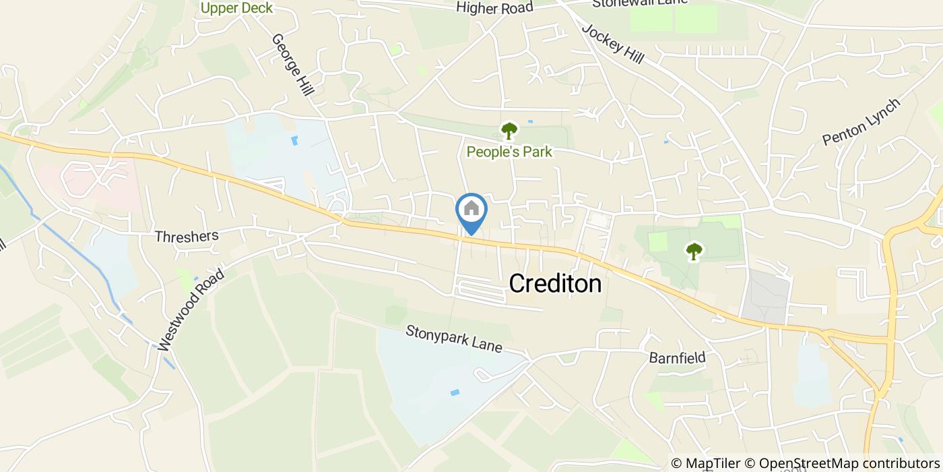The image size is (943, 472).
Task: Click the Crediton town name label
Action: (x=555, y=284)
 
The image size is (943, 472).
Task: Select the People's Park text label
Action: (x=509, y=152)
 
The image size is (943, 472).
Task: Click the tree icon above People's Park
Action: (x=509, y=129)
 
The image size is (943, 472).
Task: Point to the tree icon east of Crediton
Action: (x=694, y=252)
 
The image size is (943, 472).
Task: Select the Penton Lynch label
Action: (x=861, y=122)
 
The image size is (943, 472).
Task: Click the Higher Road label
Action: (x=494, y=8)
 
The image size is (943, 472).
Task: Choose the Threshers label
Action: (x=187, y=236)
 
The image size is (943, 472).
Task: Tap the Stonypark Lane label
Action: (x=453, y=339)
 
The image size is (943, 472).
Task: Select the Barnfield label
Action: (x=677, y=357)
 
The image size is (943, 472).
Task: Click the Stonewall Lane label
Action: (x=640, y=3)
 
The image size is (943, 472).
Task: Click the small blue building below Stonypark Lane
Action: (x=455, y=392)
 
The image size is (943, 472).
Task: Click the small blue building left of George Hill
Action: (x=294, y=140)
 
